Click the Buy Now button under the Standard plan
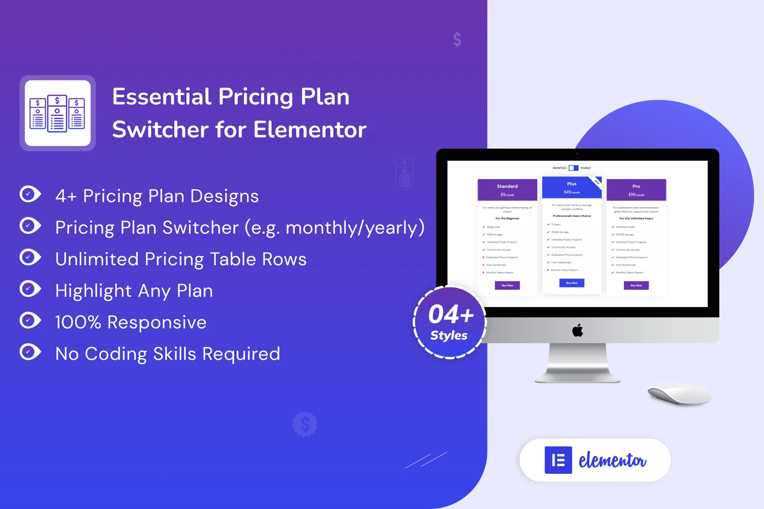click(x=507, y=285)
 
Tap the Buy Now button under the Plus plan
click(x=571, y=283)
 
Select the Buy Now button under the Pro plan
click(x=636, y=285)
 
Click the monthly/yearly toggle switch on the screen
click(x=573, y=168)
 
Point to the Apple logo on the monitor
click(x=577, y=330)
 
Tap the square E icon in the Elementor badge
click(x=558, y=460)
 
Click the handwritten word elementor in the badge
click(x=612, y=461)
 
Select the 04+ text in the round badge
click(x=451, y=314)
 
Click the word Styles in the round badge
click(x=449, y=335)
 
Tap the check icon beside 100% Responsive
click(x=30, y=320)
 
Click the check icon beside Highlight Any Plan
click(x=30, y=289)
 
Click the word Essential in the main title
click(x=162, y=97)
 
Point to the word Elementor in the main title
click(x=310, y=130)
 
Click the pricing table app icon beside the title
click(x=58, y=113)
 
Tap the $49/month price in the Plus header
click(x=571, y=192)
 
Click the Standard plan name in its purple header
click(x=507, y=186)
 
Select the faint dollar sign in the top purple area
click(x=457, y=39)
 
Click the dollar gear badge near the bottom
click(x=305, y=424)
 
